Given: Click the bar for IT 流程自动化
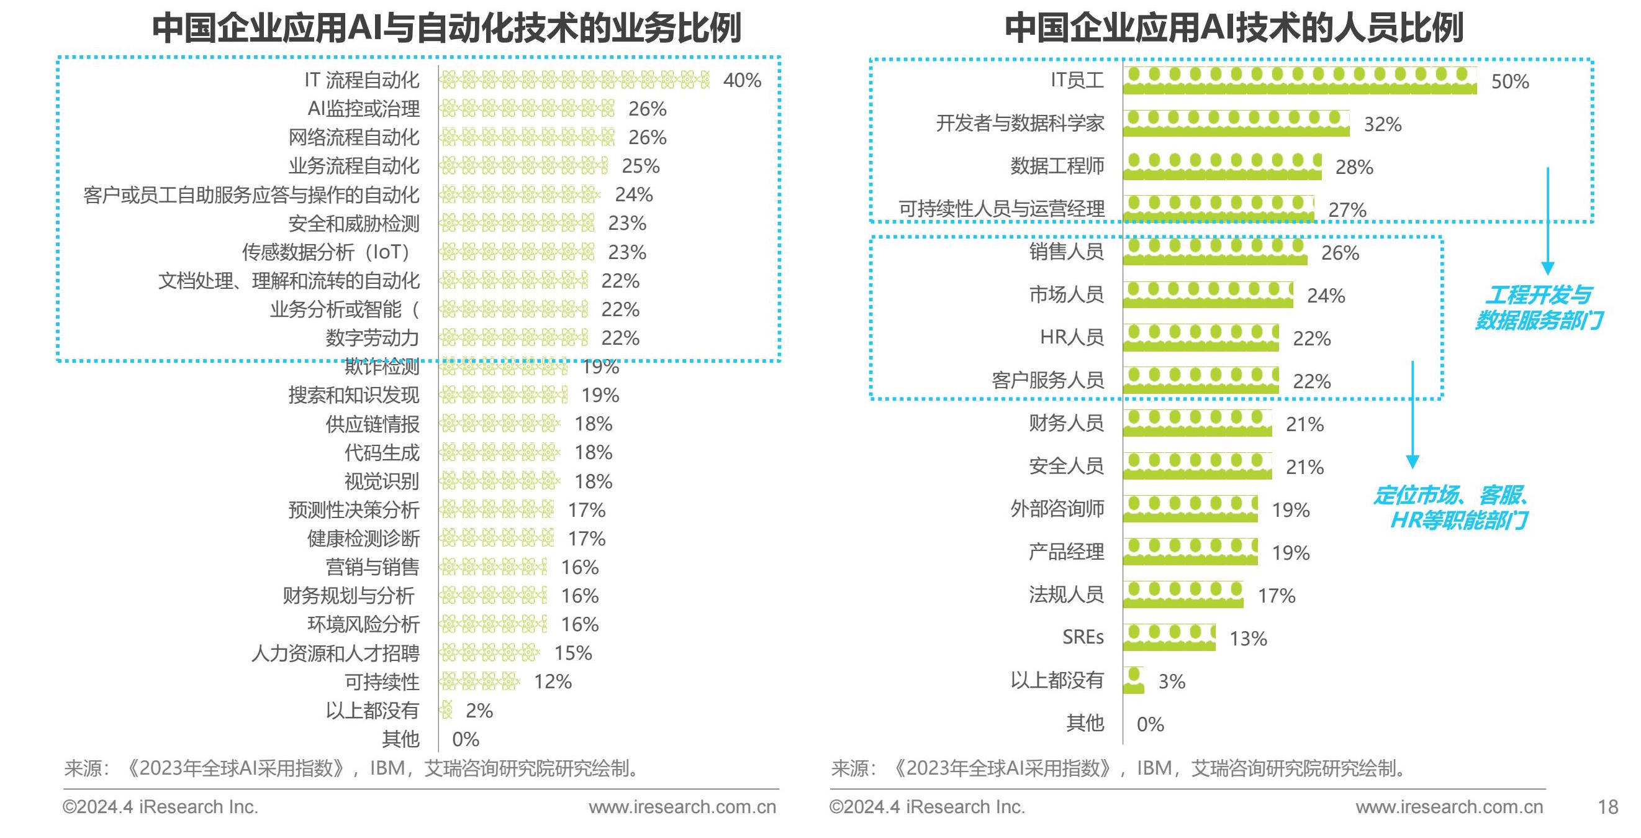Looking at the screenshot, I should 574,80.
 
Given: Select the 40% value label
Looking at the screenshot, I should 742,80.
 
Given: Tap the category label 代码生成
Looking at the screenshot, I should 382,452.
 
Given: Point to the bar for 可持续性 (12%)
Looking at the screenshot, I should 480,682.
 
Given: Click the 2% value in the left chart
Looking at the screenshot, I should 479,711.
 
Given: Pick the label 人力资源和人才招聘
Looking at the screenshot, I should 335,654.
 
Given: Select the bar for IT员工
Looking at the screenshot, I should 1300,80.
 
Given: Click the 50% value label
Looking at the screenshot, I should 1510,81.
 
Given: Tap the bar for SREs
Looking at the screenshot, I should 1169,637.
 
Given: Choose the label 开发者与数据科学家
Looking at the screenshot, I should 1020,123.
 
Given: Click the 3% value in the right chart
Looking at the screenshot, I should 1172,681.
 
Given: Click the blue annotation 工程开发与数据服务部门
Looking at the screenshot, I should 1539,307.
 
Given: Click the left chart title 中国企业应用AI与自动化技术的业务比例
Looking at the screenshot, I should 446,28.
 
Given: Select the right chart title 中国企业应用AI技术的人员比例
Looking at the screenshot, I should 1233,28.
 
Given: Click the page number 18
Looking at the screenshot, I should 1608,807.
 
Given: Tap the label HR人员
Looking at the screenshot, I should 1072,337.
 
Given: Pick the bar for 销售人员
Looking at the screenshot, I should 1215,252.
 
